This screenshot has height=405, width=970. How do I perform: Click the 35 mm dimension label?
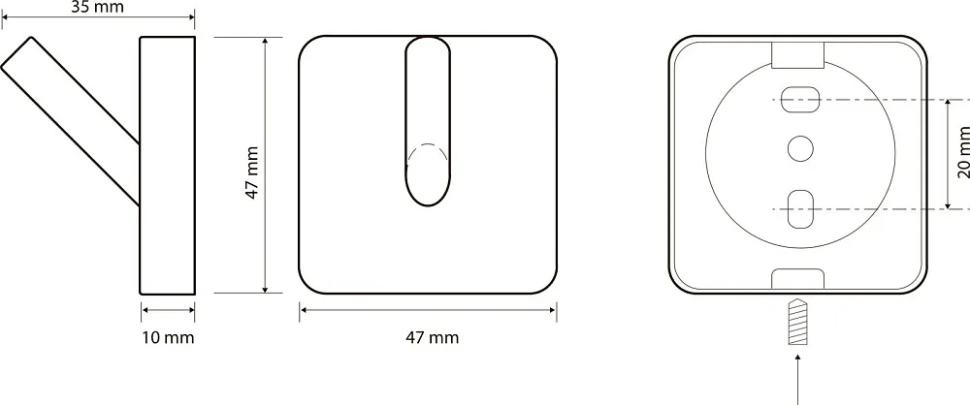pos(97,7)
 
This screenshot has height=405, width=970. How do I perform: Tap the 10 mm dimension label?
pos(168,337)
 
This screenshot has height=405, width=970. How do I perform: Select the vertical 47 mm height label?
pos(252,172)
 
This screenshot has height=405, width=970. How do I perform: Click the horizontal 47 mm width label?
pos(433,337)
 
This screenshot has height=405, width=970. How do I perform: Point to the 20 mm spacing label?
pos(963,152)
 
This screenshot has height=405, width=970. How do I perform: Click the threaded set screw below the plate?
pos(798,322)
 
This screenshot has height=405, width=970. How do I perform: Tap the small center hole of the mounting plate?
pos(800,149)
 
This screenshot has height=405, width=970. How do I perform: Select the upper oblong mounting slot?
pos(800,100)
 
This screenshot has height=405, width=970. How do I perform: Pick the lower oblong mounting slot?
pos(800,209)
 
